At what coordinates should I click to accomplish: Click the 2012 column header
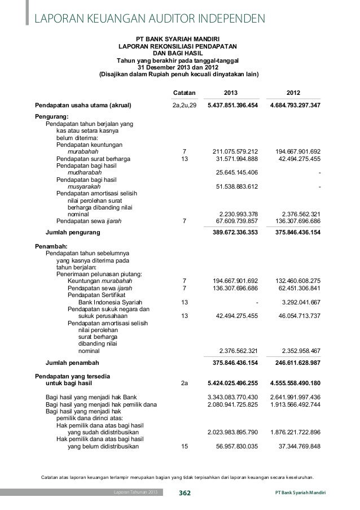tap(293, 92)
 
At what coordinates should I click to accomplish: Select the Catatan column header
tap(184, 92)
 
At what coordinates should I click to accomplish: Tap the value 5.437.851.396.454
tap(233, 105)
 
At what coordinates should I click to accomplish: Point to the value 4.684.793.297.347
tap(295, 105)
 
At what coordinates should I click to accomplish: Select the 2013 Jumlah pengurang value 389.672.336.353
tap(233, 232)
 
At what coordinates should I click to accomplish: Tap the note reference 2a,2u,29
tap(184, 105)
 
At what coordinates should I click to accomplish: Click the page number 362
tap(185, 494)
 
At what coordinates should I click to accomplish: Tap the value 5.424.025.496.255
tap(233, 382)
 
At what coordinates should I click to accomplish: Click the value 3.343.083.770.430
tap(233, 397)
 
